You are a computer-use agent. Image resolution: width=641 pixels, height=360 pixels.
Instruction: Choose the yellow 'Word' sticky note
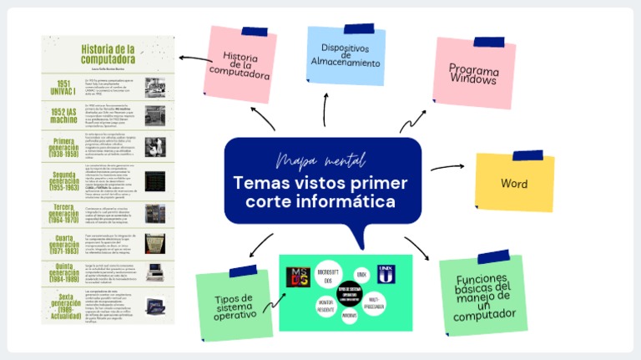click(514, 183)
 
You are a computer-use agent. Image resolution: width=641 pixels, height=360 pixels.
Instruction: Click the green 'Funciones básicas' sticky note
click(483, 297)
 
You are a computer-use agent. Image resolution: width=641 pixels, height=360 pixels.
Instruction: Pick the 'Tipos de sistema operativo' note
click(233, 306)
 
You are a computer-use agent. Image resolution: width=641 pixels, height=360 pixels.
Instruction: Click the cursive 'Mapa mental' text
click(320, 160)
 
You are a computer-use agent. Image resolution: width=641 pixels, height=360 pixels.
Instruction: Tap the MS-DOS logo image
click(298, 276)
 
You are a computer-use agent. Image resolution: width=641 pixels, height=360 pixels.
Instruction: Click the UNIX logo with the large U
click(386, 273)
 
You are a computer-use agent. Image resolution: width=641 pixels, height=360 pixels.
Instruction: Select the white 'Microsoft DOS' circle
click(326, 277)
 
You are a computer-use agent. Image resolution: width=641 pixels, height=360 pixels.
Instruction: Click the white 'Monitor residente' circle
click(326, 305)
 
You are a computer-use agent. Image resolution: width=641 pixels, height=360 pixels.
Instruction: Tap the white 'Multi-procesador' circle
click(374, 303)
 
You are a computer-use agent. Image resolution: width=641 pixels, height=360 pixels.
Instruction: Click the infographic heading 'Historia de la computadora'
click(108, 53)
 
